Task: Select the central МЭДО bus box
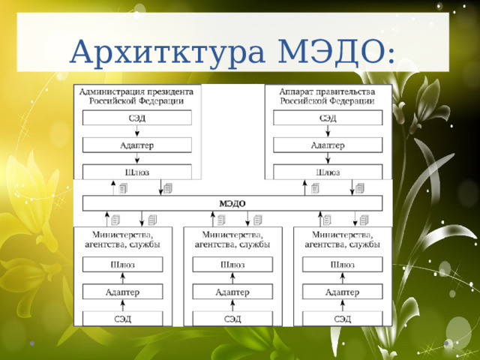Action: pyautogui.click(x=232, y=203)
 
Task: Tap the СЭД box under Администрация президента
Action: pyautogui.click(x=136, y=118)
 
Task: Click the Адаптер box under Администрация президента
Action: pyautogui.click(x=136, y=145)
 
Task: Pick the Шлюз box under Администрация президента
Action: pyautogui.click(x=136, y=172)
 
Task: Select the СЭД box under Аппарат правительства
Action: pyautogui.click(x=328, y=118)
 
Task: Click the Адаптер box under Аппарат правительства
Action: pyautogui.click(x=328, y=145)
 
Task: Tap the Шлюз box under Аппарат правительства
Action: pyautogui.click(x=328, y=172)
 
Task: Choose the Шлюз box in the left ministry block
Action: pyautogui.click(x=122, y=264)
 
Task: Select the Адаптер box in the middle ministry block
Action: pyautogui.click(x=232, y=291)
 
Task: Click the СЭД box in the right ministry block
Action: pyautogui.click(x=343, y=319)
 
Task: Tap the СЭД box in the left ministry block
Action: pyautogui.click(x=122, y=319)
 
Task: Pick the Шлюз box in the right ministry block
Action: pyautogui.click(x=343, y=264)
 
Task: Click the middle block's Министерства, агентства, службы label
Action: pyautogui.click(x=232, y=239)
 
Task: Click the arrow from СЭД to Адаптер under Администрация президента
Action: pyautogui.click(x=136, y=131)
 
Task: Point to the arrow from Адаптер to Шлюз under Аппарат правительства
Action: pyautogui.click(x=328, y=158)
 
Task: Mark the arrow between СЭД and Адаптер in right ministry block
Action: pyautogui.click(x=343, y=305)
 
